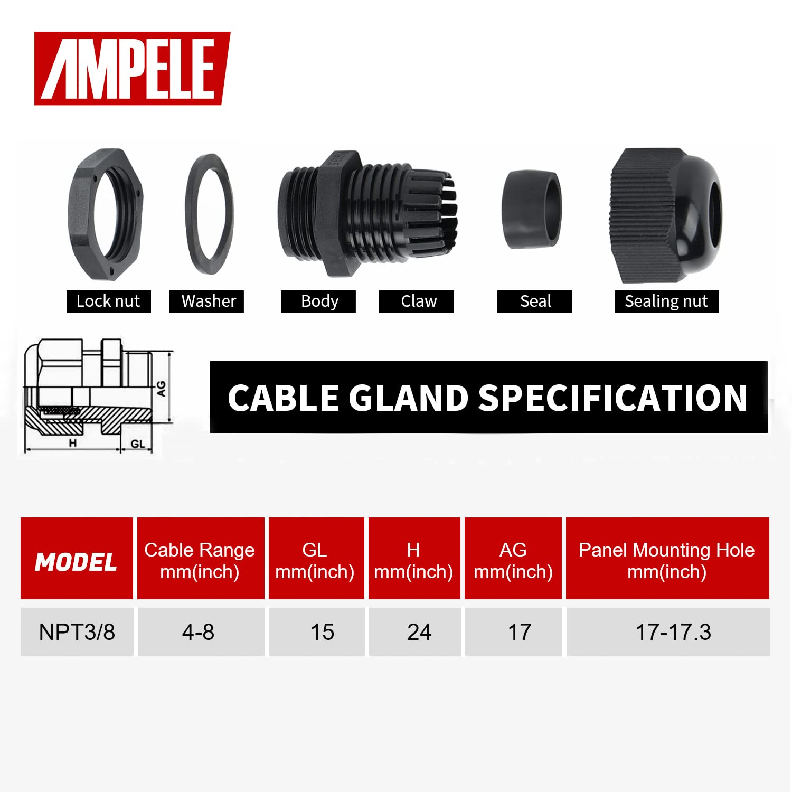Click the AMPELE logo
coord(132,69)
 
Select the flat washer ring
coord(210,214)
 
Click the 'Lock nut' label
coord(108,301)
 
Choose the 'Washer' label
coord(209,301)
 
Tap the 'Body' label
coord(319,301)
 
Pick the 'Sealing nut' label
coord(666,301)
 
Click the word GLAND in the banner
coord(408,398)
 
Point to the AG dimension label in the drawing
coord(161,389)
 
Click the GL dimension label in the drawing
coord(137,444)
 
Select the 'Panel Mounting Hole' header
coord(666,550)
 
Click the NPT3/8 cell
coord(77,632)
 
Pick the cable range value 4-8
coord(199,632)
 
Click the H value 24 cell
coord(419,632)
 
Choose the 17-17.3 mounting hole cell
coord(673,632)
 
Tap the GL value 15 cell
coord(322,632)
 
